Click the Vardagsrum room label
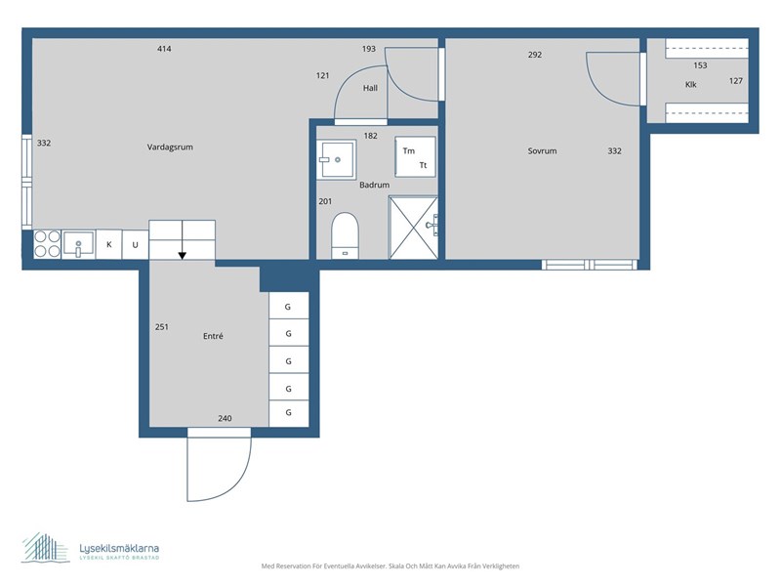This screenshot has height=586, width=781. click(170, 147)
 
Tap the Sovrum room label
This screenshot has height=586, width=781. click(542, 151)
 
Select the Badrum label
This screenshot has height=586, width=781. click(374, 185)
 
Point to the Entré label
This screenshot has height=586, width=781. click(213, 336)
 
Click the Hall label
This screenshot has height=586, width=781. click(370, 88)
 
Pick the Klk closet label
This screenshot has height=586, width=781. click(691, 84)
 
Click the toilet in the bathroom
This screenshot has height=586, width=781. click(346, 235)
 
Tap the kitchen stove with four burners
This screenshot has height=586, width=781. click(47, 244)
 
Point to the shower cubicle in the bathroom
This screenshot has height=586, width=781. click(414, 227)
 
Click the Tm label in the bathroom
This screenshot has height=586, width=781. click(408, 151)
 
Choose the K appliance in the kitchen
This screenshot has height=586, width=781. click(109, 244)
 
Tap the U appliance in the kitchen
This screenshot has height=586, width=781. click(135, 244)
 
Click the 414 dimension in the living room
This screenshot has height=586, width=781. click(164, 49)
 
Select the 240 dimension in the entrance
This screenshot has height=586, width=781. click(225, 419)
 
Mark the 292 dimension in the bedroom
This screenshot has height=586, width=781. click(534, 55)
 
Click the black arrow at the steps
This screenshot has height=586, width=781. click(182, 256)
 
